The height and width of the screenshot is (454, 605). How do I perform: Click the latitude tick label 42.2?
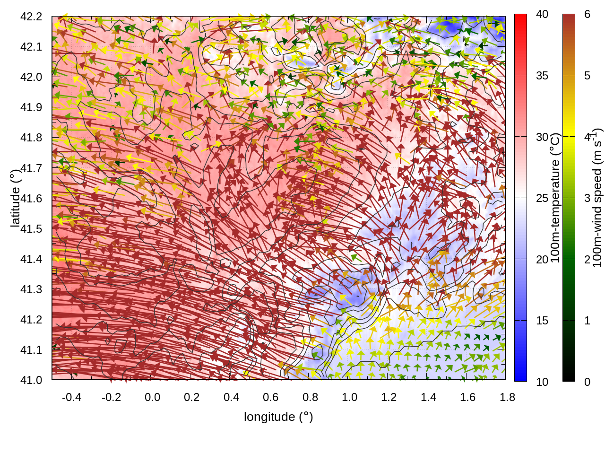[x=31, y=17]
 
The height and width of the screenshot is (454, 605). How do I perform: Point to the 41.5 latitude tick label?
[x=31, y=229]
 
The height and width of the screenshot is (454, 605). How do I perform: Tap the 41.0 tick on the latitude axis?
[x=31, y=380]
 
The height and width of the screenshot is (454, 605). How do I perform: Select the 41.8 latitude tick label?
[x=31, y=138]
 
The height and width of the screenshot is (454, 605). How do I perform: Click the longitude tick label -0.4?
[x=71, y=397]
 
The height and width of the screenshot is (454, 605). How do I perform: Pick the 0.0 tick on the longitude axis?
[x=152, y=397]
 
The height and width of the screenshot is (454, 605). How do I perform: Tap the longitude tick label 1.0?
[x=349, y=397]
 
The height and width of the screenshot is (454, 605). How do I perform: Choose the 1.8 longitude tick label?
[x=507, y=397]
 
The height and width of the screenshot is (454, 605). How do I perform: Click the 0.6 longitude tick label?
[x=270, y=397]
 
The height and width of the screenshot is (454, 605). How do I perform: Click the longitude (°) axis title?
[x=278, y=417]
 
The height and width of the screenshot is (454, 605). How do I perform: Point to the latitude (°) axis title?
[x=15, y=199]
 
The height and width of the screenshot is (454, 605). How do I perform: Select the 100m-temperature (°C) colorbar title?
[x=555, y=198]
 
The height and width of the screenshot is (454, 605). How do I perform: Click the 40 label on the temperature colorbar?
[x=542, y=15]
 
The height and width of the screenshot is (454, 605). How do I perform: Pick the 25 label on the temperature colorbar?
[x=542, y=198]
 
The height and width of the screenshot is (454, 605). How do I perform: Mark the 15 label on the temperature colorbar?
[x=542, y=321]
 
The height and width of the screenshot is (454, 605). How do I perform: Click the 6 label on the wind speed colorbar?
[x=587, y=15]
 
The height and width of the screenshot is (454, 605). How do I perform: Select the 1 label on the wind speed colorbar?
[x=587, y=321]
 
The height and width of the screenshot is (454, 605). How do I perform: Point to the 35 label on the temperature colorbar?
[x=542, y=76]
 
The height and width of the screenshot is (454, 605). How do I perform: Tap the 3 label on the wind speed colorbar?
[x=587, y=198]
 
